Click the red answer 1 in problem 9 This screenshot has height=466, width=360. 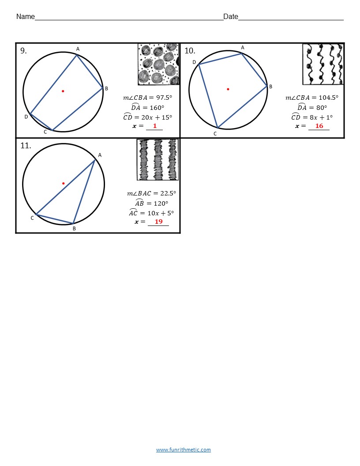(155, 126)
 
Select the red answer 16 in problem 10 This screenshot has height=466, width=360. (319, 126)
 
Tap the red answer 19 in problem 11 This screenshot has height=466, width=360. (158, 222)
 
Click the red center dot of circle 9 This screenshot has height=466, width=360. (63, 91)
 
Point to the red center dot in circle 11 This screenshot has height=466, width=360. (64, 183)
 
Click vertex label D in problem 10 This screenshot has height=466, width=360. (194, 62)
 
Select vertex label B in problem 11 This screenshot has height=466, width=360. (74, 229)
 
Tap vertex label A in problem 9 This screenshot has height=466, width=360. (78, 49)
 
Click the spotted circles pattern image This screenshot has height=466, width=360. (158, 64)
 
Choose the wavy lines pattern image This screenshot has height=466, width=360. (323, 64)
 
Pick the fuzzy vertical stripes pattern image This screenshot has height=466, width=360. (157, 160)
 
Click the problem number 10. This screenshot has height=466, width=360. (190, 51)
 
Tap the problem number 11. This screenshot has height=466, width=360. (26, 146)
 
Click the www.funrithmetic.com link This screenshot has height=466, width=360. (183, 450)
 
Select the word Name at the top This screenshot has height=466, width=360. (25, 17)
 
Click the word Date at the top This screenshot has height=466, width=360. (230, 17)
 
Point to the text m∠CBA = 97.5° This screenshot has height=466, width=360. (147, 98)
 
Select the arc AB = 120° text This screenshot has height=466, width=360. (152, 203)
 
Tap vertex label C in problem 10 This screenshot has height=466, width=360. (215, 133)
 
